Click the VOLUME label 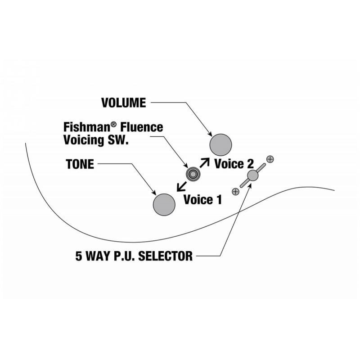(123, 103)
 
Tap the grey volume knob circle (220, 145)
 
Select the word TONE (80, 164)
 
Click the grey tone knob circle (164, 205)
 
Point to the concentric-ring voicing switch (193, 174)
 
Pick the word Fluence (142, 127)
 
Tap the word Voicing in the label (84, 140)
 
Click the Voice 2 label (234, 164)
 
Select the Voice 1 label (203, 199)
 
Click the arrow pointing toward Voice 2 (205, 162)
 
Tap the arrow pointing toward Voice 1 (182, 186)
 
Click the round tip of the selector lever (253, 175)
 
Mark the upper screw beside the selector (270, 159)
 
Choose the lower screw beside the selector (235, 192)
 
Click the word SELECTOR (165, 256)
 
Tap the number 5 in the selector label (79, 256)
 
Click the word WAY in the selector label (99, 256)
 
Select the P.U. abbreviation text (125, 256)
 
